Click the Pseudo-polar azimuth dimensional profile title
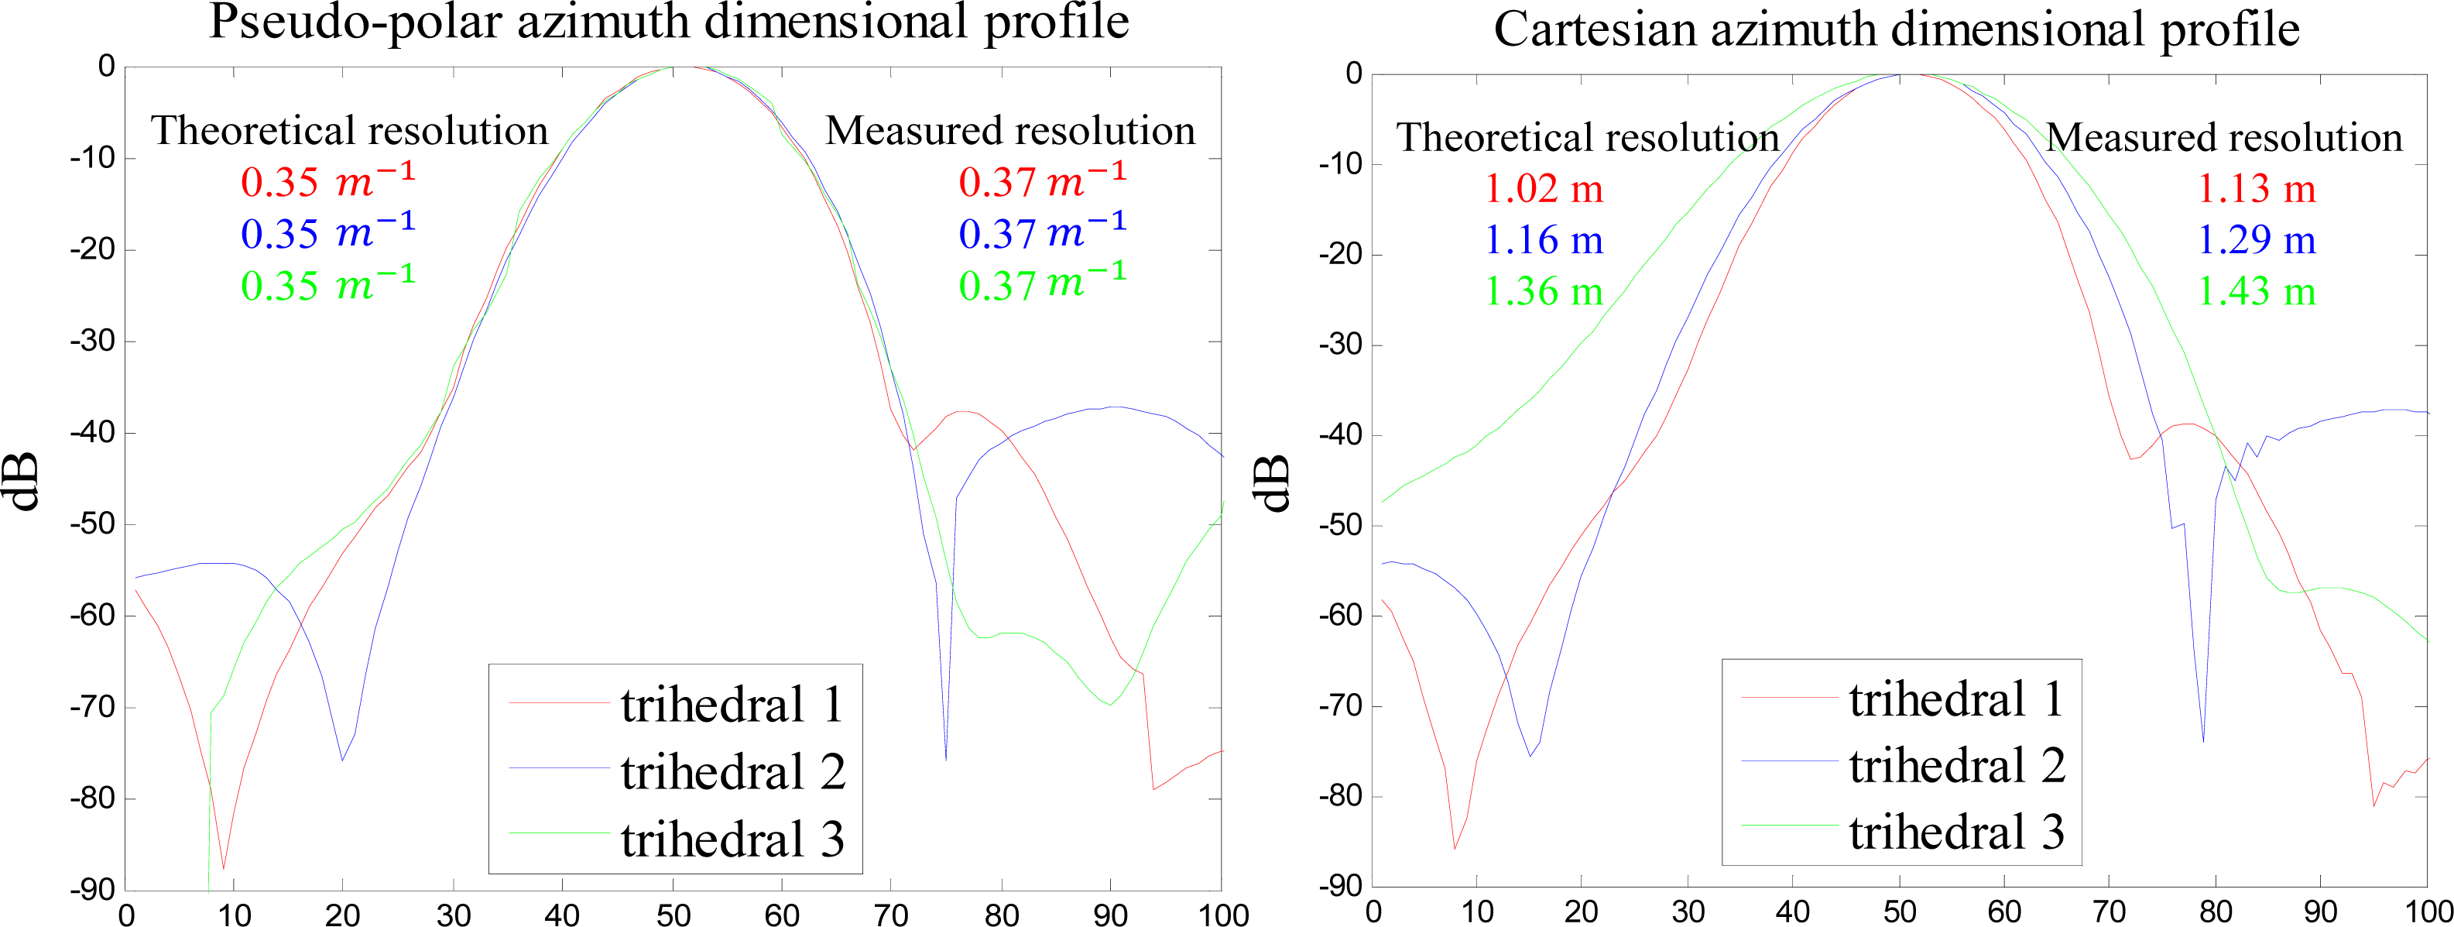click(669, 23)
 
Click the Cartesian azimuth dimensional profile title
click(1896, 29)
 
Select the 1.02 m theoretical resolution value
click(1544, 189)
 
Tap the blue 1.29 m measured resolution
click(2257, 239)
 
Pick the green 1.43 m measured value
click(2257, 290)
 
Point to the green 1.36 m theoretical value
click(1544, 290)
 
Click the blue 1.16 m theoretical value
click(1544, 239)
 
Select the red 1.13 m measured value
click(2257, 189)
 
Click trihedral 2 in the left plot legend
click(732, 771)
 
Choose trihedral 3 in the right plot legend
click(1957, 831)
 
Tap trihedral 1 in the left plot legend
click(732, 704)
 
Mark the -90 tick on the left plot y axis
click(92, 890)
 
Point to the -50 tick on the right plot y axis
click(1339, 525)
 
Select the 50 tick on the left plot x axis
click(673, 915)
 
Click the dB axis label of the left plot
click(25, 480)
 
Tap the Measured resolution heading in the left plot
click(1009, 131)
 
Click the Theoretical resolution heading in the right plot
click(1588, 137)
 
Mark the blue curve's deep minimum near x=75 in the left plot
click(945, 757)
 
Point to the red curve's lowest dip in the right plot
click(1455, 847)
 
